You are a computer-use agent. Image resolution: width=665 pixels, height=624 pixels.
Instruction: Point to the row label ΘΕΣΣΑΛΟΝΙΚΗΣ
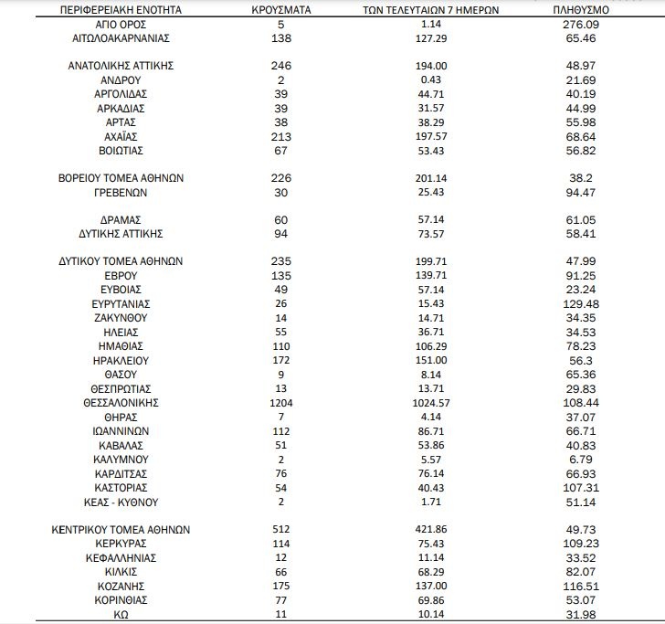(121, 402)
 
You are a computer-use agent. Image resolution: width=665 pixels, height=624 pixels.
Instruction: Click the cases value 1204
(281, 402)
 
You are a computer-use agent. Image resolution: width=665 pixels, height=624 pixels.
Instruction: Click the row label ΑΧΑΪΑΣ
(121, 136)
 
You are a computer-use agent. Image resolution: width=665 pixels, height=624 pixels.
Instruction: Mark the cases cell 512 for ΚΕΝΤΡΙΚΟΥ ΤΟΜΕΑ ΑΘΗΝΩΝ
(281, 530)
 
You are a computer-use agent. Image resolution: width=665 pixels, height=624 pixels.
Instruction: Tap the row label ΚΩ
(121, 615)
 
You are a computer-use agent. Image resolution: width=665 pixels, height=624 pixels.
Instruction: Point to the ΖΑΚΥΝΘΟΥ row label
(121, 317)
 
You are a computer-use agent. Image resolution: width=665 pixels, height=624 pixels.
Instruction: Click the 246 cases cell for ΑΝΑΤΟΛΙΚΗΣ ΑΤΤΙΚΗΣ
(281, 66)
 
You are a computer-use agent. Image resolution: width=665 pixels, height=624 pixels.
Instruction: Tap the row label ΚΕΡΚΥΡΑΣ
(121, 544)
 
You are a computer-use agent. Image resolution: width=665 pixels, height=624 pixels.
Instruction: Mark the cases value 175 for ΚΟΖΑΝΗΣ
(281, 587)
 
